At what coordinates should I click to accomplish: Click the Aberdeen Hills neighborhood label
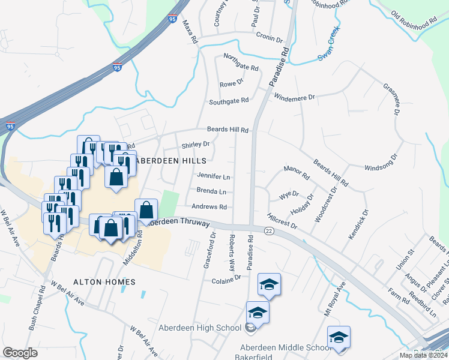(172, 161)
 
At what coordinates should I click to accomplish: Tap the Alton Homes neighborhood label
(104, 281)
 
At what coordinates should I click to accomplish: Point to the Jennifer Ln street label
(213, 177)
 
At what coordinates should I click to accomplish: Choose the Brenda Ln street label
(211, 192)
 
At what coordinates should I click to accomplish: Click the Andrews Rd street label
(209, 207)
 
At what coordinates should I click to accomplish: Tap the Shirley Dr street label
(196, 144)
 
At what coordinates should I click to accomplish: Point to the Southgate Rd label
(228, 101)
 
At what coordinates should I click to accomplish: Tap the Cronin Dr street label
(269, 37)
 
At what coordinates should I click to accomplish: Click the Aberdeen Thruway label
(179, 222)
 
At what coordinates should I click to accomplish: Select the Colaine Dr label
(226, 277)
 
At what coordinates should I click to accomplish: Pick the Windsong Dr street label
(381, 160)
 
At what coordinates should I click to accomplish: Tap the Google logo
(20, 353)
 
